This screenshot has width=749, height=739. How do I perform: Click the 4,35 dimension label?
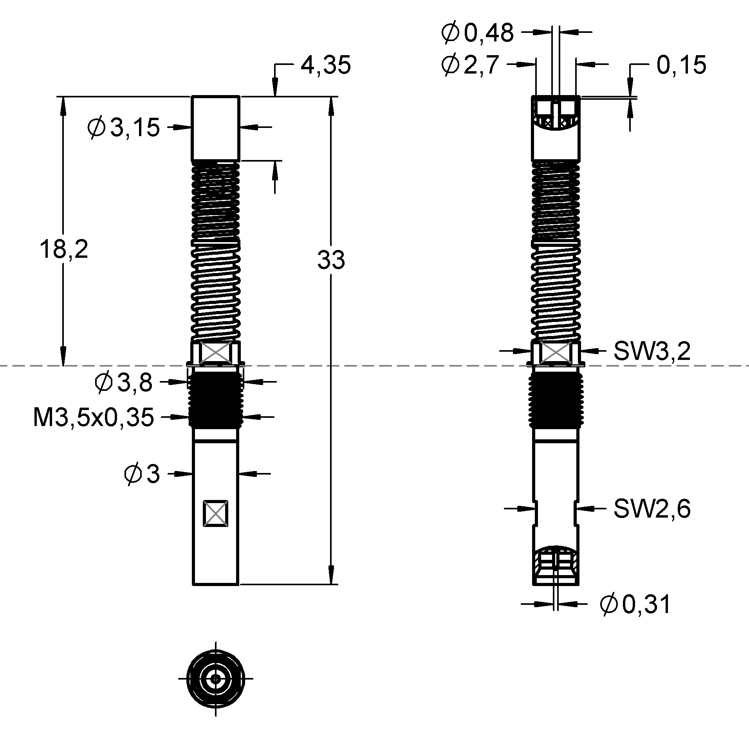point(325,65)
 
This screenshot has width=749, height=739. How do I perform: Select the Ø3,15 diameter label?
point(124,128)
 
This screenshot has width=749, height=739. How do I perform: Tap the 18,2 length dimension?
point(64,250)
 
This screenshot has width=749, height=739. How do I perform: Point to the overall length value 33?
point(331,260)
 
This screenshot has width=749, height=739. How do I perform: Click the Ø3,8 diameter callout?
point(123,383)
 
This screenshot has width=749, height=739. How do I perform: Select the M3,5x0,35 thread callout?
point(93,417)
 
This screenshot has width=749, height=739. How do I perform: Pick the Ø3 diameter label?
point(142,474)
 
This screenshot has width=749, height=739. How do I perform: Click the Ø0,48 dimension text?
point(477,33)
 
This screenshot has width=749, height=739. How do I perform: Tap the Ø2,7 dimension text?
point(469,65)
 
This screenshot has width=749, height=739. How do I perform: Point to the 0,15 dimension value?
point(681,65)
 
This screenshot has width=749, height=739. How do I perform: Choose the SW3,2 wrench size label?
point(652,351)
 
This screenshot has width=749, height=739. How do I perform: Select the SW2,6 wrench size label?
point(652,509)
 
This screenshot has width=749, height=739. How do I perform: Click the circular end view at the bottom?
point(215,678)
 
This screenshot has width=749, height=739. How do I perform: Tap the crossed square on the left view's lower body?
point(215,513)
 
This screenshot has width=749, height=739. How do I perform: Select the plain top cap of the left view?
point(215,128)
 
